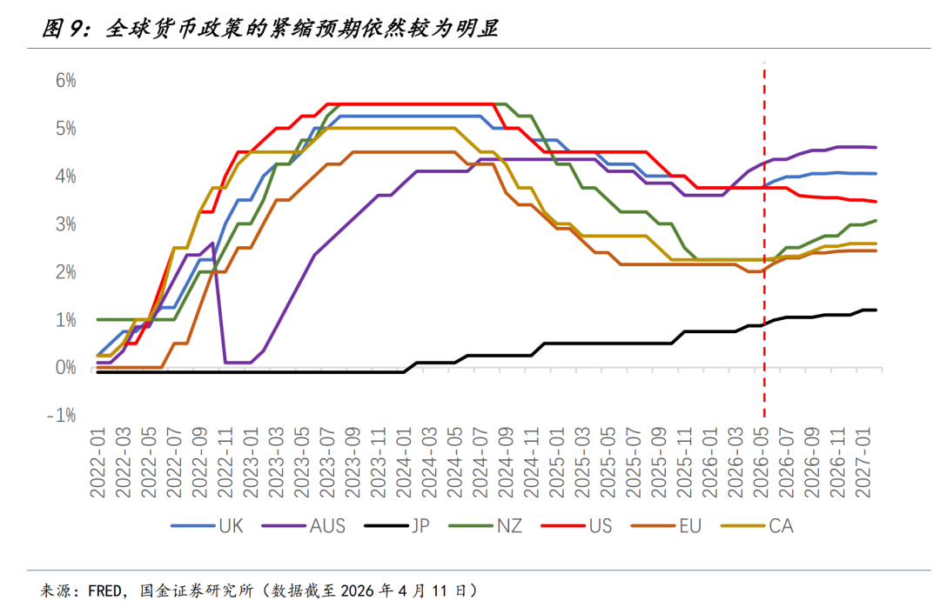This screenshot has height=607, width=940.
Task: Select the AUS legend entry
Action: coord(327,525)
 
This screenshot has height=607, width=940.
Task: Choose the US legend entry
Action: coord(600,525)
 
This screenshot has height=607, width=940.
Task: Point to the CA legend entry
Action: coord(781,525)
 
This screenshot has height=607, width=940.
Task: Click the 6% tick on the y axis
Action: coord(66,81)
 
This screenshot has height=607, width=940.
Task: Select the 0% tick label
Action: coord(66,368)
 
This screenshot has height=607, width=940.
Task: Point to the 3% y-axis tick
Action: coord(66,224)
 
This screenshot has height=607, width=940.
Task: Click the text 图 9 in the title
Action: coord(64,30)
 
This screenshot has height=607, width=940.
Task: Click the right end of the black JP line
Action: coord(876,310)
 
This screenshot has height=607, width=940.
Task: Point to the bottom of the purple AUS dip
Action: coord(238,363)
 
